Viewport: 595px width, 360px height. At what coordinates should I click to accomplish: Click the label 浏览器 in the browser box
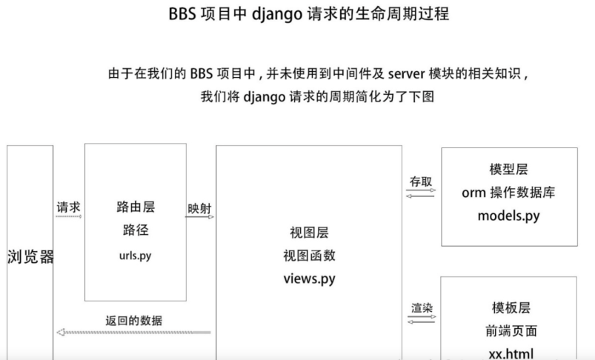click(30, 259)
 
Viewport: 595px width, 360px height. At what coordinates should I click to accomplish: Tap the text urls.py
click(136, 256)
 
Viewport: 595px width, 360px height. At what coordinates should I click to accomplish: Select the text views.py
click(308, 279)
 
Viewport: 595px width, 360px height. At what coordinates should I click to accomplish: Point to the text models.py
click(508, 216)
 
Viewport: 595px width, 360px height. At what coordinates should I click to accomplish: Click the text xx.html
click(511, 353)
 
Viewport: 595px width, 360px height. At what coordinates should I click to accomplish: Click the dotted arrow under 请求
click(69, 218)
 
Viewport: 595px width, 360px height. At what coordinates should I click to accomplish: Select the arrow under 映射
click(200, 219)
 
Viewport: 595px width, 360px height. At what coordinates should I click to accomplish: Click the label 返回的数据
click(134, 321)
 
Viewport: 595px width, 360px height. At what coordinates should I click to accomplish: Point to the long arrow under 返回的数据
click(134, 332)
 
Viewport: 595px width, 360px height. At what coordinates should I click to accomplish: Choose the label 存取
click(421, 181)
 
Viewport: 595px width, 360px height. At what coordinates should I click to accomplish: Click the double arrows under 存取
click(421, 193)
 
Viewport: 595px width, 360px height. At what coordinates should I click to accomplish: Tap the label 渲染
click(421, 307)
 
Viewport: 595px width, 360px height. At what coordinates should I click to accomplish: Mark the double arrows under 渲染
click(421, 319)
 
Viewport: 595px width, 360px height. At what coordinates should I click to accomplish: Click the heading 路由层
click(136, 207)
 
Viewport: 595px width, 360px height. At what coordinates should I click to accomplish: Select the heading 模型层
click(508, 170)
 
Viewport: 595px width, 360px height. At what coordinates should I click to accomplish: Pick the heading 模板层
click(511, 307)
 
